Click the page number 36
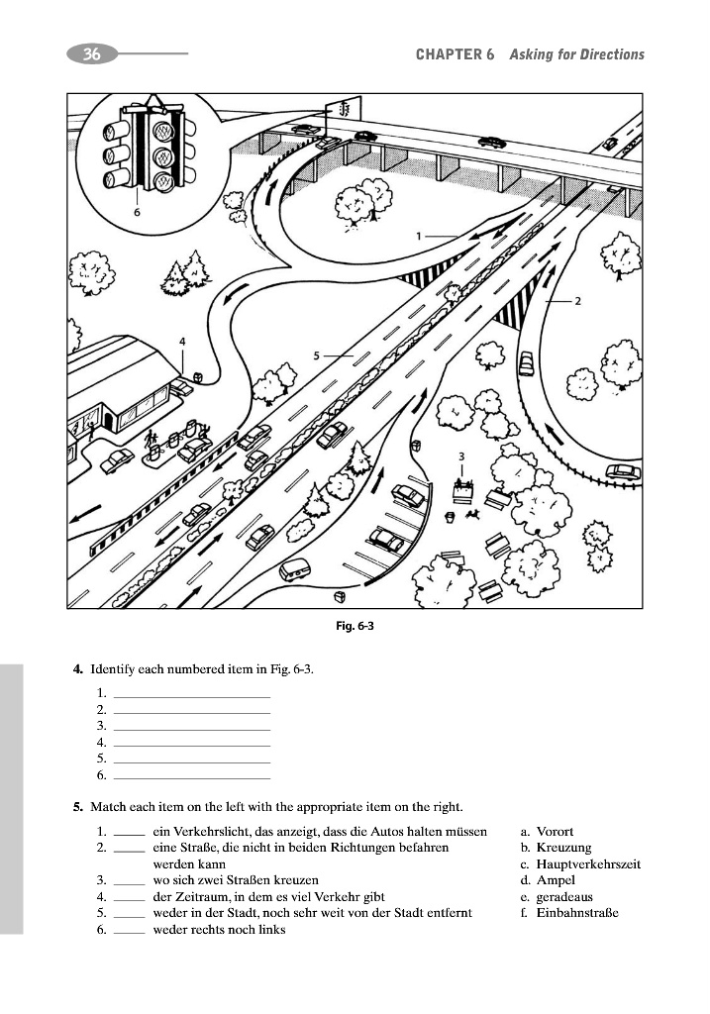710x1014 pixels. (x=91, y=54)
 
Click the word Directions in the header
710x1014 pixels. (x=610, y=54)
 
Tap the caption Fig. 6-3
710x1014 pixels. (x=355, y=625)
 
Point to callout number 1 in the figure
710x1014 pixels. (x=420, y=236)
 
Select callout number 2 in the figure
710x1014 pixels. (x=577, y=299)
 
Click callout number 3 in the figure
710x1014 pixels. (x=461, y=455)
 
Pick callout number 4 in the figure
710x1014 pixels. (x=182, y=341)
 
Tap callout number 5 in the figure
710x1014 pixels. (x=316, y=355)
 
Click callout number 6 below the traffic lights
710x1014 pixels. (x=137, y=211)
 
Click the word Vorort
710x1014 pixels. (x=555, y=832)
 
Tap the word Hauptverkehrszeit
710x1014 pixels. (x=588, y=864)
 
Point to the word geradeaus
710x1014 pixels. (x=563, y=897)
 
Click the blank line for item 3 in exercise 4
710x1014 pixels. (x=192, y=728)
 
